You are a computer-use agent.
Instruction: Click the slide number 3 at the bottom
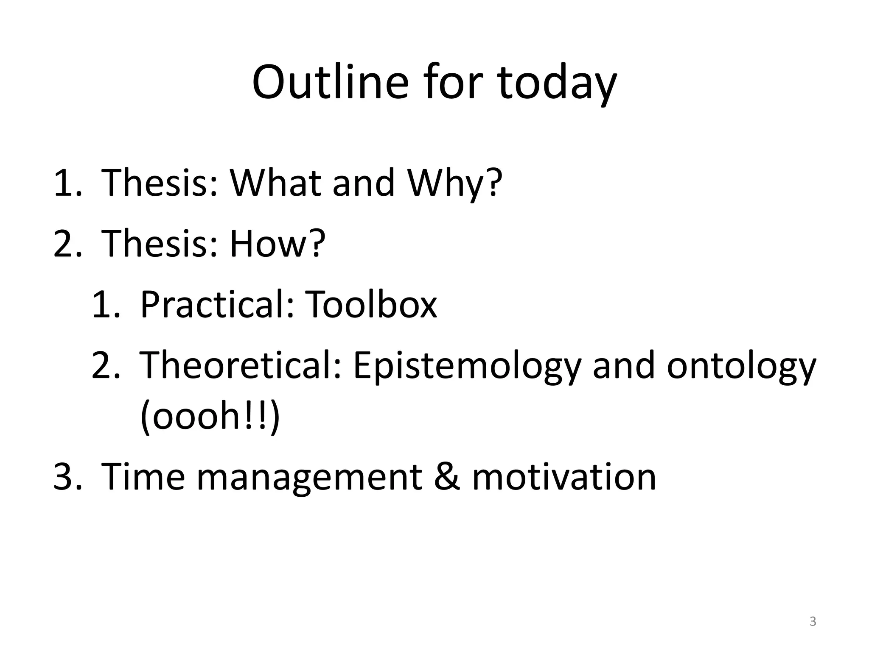pyautogui.click(x=813, y=621)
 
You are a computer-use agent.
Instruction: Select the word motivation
pyautogui.click(x=564, y=476)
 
